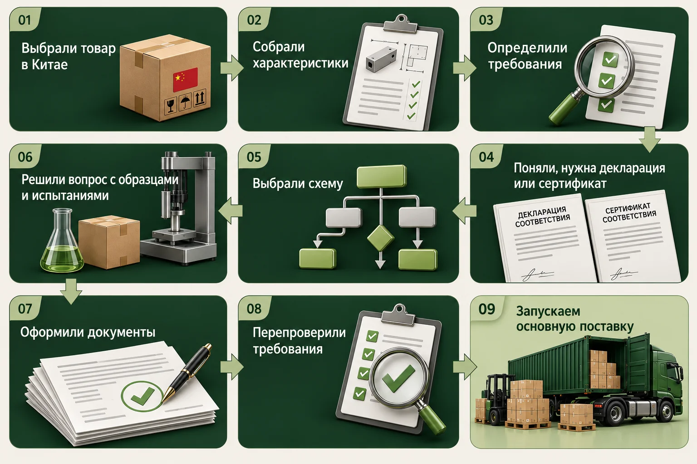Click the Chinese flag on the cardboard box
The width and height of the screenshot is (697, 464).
pos(185,79)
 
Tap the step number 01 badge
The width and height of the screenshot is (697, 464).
pos(25,20)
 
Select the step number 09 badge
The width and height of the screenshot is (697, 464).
pos(486,309)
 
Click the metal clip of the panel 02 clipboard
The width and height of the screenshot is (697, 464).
pos(402,23)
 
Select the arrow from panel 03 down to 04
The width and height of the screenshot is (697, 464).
pos(649,139)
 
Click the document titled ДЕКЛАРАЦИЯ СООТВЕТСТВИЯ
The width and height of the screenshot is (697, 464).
pos(545,238)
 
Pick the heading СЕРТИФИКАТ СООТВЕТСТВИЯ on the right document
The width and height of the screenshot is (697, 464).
pos(629,213)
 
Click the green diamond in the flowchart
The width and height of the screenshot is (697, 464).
pos(380,238)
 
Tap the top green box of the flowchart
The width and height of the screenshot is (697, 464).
pos(382,176)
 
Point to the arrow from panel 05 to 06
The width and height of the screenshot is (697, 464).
pos(230,211)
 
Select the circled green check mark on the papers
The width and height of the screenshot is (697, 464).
pos(142,395)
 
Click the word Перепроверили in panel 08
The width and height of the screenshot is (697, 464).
pos(299,333)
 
